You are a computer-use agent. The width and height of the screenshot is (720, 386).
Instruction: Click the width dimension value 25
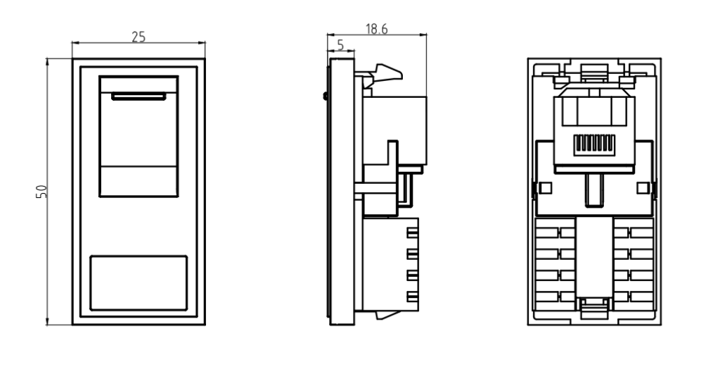click(x=139, y=37)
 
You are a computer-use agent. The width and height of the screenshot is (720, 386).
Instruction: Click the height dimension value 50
click(x=41, y=191)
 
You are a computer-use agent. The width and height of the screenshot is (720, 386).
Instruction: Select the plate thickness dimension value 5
click(x=341, y=44)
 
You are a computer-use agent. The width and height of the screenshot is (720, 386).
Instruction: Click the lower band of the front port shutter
click(x=139, y=182)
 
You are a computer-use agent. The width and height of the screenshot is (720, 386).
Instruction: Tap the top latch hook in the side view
click(x=385, y=73)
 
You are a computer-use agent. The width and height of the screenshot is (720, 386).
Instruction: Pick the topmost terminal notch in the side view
click(x=413, y=232)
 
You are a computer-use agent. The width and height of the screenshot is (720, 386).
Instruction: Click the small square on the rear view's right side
click(x=641, y=188)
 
